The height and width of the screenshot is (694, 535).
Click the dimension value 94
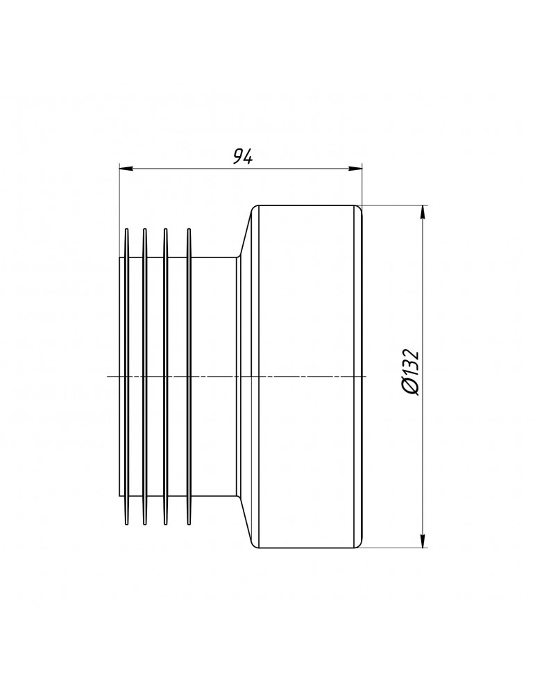pyautogui.click(x=242, y=156)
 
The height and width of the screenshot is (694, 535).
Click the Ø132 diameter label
pyautogui.click(x=409, y=372)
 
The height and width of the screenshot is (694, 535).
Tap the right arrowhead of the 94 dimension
pyautogui.click(x=355, y=168)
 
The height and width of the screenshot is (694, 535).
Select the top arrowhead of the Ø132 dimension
pyautogui.click(x=423, y=212)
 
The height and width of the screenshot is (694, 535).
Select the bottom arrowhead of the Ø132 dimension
pyautogui.click(x=423, y=541)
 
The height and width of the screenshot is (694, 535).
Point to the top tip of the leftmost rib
pyautogui.click(x=126, y=229)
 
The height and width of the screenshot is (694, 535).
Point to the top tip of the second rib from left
pyautogui.click(x=144, y=229)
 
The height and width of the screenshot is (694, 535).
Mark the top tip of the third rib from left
pyautogui.click(x=166, y=229)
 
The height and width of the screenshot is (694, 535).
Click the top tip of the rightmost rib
pyautogui.click(x=189, y=229)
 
